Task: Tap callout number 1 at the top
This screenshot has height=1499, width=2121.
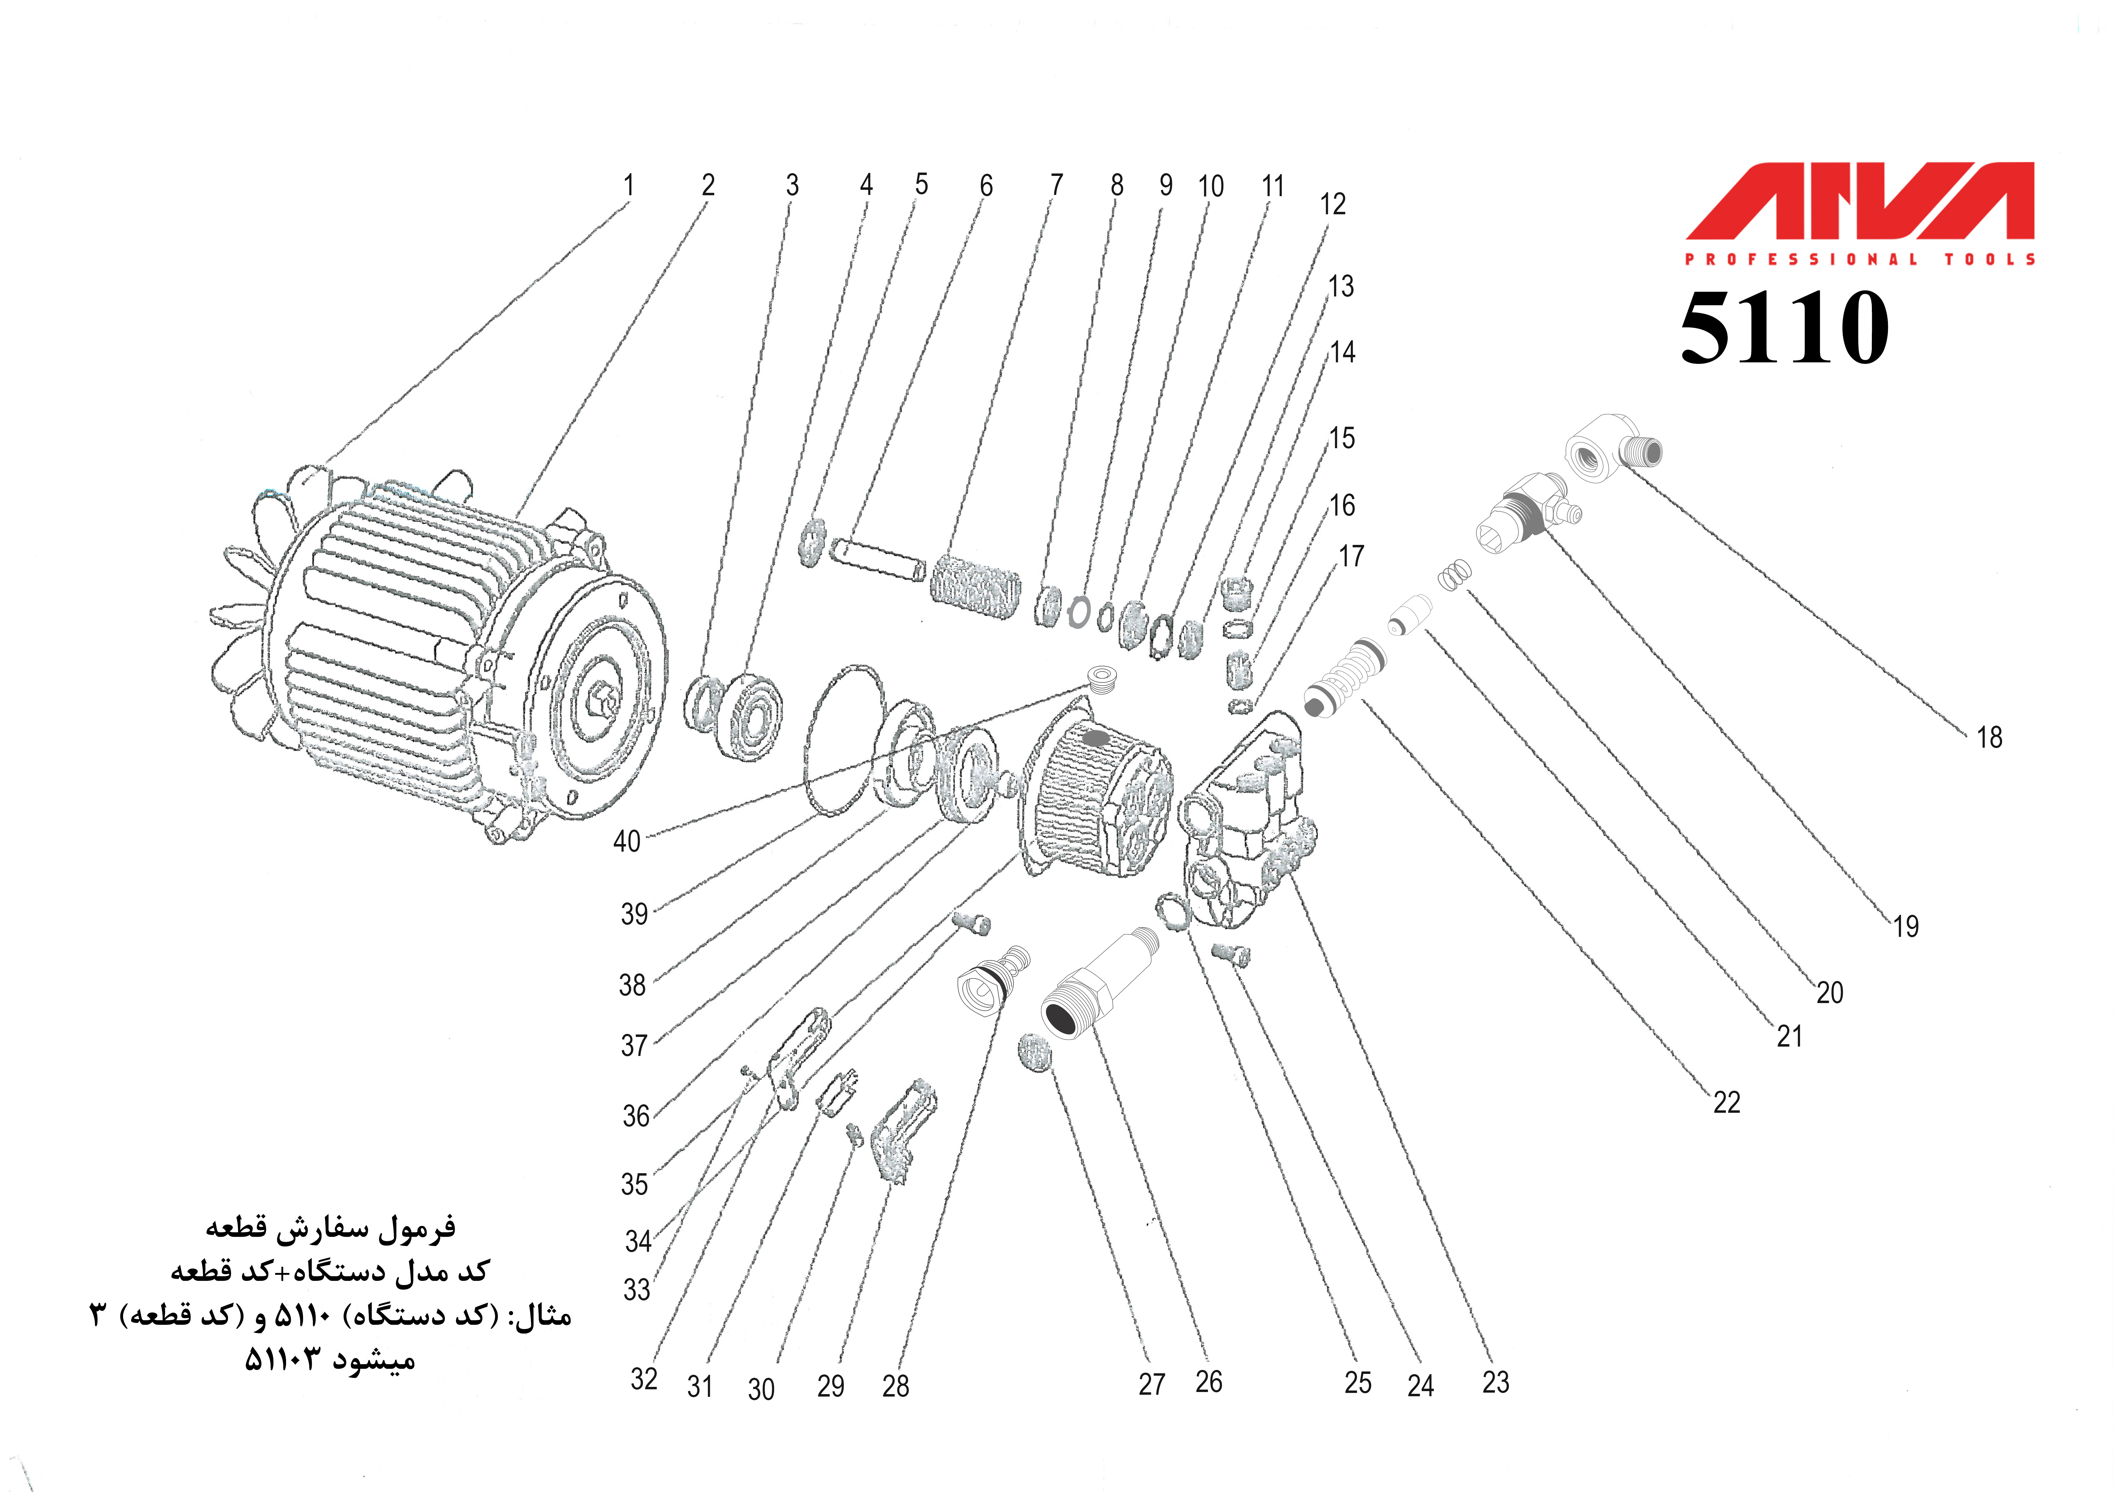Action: pos(628,185)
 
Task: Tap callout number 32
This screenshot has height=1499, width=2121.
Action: pos(644,1379)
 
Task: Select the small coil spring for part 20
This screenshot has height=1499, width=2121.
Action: pos(1453,577)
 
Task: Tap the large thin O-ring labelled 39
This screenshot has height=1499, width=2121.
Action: pos(842,739)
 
